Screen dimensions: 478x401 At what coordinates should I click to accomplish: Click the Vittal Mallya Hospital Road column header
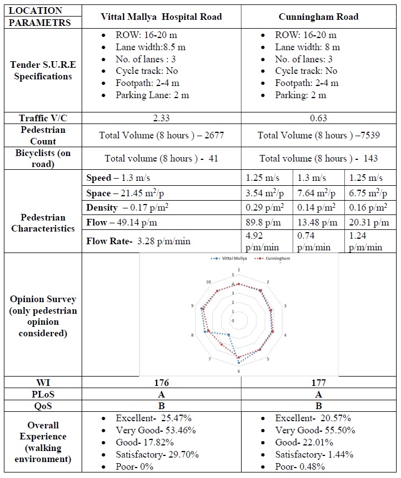161,17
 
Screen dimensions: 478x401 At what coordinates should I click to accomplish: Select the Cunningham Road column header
318,17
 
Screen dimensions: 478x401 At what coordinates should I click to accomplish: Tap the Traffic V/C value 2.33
161,118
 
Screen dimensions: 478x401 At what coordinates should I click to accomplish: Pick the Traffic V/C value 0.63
318,118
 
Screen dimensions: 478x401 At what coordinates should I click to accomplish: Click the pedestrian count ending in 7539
318,135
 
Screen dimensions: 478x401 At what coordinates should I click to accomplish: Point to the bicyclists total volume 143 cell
318,158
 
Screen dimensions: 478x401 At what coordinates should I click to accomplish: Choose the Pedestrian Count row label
42,135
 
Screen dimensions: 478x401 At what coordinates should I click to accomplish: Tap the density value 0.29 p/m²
264,207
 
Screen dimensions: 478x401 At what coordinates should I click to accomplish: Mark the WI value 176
161,383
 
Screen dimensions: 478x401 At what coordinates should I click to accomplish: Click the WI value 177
318,383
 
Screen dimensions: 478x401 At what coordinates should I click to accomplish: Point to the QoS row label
42,406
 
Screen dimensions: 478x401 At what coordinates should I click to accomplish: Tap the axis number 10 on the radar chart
208,282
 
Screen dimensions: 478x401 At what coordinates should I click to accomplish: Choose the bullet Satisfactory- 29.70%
157,454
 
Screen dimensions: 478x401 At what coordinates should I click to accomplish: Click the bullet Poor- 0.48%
300,466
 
